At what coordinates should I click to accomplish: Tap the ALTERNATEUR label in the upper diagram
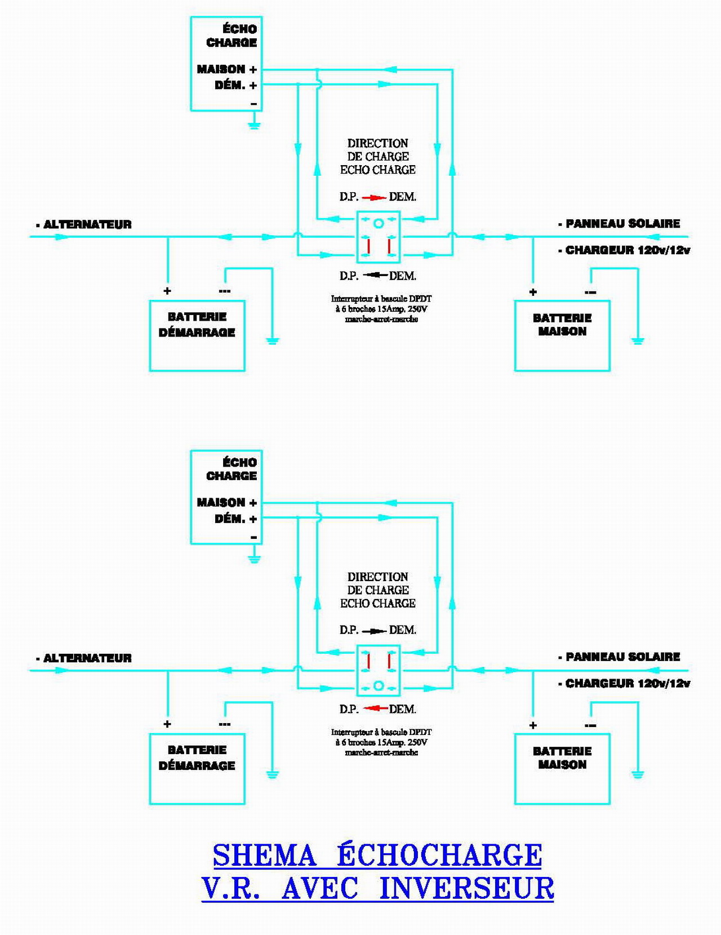pyautogui.click(x=87, y=224)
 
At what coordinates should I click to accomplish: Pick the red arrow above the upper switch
pyautogui.click(x=374, y=197)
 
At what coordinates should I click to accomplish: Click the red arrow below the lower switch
pyautogui.click(x=375, y=708)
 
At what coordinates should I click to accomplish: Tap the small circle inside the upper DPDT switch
pyautogui.click(x=379, y=223)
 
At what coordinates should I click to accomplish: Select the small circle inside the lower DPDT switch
pyautogui.click(x=379, y=686)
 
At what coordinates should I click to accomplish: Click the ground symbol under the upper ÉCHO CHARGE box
pyautogui.click(x=255, y=126)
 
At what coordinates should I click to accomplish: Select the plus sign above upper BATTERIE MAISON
pyautogui.click(x=533, y=292)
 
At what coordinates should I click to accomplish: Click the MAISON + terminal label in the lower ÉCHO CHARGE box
pyautogui.click(x=226, y=502)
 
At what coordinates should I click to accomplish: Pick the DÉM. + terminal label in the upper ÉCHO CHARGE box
pyautogui.click(x=235, y=85)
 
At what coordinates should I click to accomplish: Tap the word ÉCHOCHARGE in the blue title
pyautogui.click(x=439, y=856)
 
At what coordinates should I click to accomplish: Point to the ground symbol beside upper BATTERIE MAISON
pyautogui.click(x=638, y=341)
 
